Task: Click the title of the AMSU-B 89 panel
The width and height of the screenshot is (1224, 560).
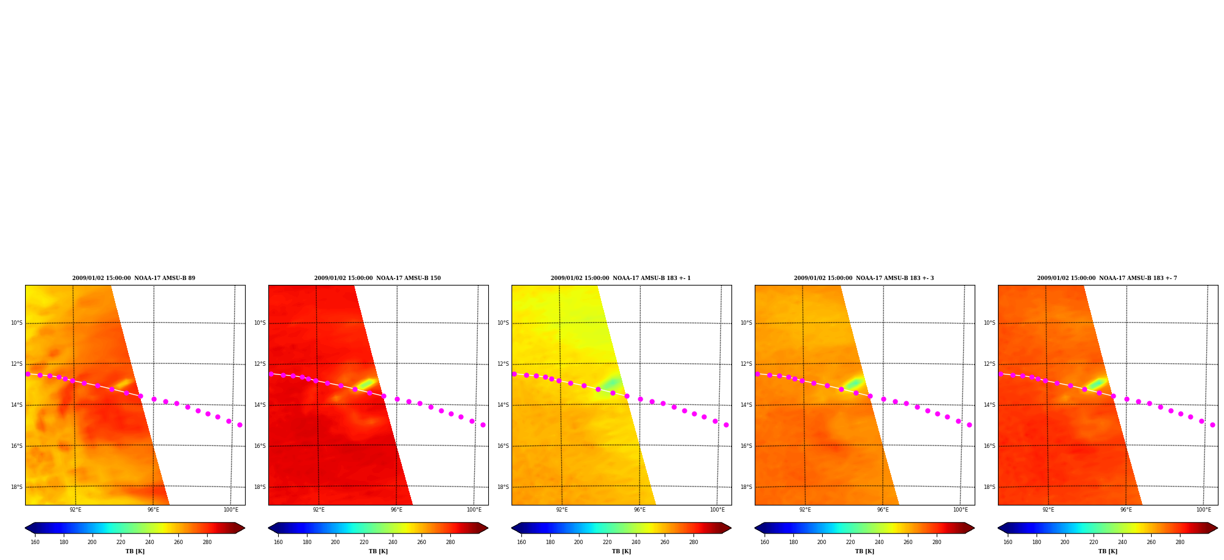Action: [x=134, y=278]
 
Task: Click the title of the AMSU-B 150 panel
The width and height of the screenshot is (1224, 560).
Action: [x=377, y=278]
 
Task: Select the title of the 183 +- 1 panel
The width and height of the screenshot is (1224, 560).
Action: [x=621, y=278]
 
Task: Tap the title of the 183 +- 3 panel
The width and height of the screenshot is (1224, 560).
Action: [x=864, y=278]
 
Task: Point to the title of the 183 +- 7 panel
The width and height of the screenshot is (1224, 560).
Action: [x=1107, y=278]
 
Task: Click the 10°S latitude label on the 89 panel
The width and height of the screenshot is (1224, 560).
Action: [x=17, y=323]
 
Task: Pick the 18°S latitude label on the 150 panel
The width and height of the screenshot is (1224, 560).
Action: [x=260, y=487]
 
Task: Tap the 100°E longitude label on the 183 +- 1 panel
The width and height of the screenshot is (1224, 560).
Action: [x=717, y=510]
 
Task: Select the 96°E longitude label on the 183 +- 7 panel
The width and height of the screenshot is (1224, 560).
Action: [x=1126, y=510]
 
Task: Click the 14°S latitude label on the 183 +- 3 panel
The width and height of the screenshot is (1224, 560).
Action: [x=746, y=405]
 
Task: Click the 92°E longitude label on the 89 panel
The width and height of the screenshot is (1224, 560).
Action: [x=75, y=510]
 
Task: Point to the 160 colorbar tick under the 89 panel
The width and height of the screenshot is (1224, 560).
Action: [x=35, y=542]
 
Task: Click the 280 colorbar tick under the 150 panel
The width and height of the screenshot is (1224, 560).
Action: [x=450, y=542]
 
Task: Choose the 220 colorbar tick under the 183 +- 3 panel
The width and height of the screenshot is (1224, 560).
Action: [x=850, y=542]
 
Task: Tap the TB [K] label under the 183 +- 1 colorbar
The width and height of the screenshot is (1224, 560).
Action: [x=621, y=551]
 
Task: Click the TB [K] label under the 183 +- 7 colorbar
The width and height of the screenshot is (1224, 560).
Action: [x=1108, y=551]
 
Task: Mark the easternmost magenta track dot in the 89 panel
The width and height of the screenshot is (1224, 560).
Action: [x=240, y=425]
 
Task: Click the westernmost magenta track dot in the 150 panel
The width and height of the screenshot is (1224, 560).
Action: [x=271, y=374]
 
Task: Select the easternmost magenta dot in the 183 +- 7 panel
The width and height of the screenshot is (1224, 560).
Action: [x=1212, y=425]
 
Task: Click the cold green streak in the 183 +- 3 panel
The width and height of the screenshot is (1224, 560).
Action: [x=854, y=384]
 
